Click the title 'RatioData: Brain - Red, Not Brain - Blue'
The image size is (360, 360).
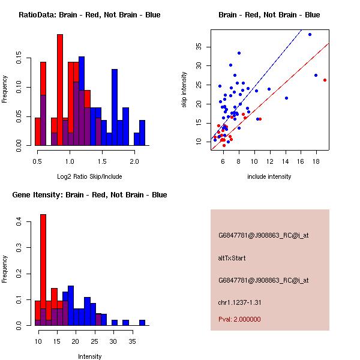(89, 15)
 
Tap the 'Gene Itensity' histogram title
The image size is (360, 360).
(89, 195)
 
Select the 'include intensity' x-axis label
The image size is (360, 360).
(269, 176)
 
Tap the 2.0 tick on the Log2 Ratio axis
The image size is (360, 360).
(134, 161)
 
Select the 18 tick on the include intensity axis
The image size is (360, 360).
(316, 161)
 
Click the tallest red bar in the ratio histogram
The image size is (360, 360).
(60, 90)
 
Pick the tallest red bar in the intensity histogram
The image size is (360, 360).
(43, 270)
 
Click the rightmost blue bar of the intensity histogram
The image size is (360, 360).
(142, 322)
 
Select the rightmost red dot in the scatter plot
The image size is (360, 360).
(325, 80)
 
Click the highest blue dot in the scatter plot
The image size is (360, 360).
(310, 34)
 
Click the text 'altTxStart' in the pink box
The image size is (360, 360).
(232, 258)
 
